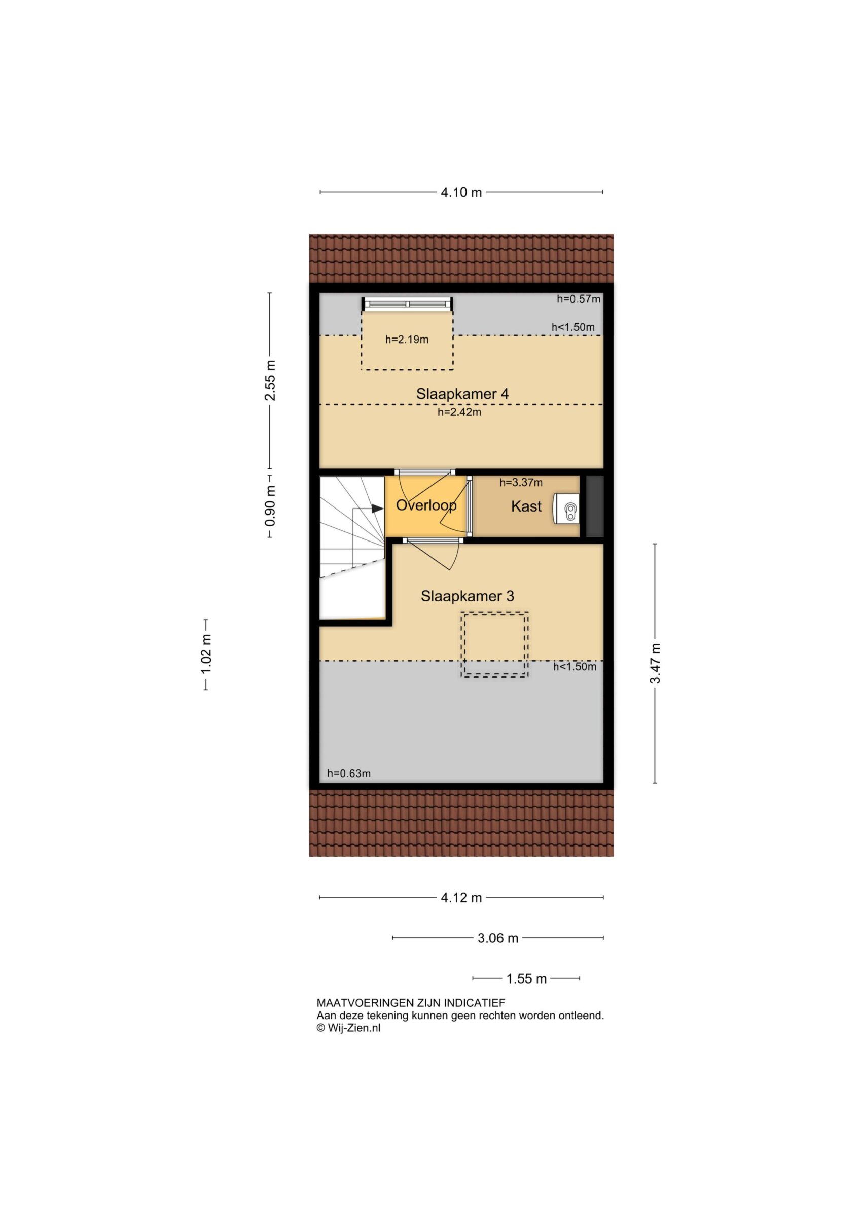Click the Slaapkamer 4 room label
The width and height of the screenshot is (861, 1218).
462,394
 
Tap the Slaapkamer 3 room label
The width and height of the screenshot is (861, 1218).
467,596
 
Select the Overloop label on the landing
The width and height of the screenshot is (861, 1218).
426,505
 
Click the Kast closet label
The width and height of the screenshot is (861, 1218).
526,506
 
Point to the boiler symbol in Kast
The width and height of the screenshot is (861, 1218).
566,509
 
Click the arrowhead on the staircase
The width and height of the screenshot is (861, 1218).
377,509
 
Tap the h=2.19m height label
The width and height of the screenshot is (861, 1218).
407,340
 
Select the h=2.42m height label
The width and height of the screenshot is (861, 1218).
459,412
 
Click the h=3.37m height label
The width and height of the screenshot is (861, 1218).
521,483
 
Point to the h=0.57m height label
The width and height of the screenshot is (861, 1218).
579,299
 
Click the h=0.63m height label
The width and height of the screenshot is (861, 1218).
349,773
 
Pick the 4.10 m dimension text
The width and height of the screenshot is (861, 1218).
461,192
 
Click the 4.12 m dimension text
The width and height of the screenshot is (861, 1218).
461,898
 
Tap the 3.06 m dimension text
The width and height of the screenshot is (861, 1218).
498,938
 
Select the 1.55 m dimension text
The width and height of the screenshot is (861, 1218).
526,979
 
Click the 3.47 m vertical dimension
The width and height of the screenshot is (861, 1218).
655,663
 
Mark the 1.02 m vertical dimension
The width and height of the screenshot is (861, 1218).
206,655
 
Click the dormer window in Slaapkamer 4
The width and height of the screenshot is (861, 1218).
408,304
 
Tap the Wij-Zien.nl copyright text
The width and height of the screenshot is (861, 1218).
348,1028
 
